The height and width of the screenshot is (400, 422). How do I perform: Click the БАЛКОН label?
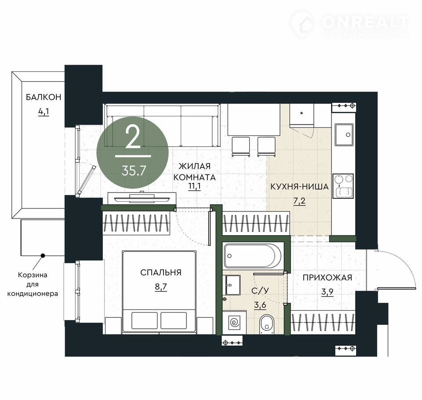click(44, 97)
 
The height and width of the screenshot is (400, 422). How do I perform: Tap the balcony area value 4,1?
click(44, 112)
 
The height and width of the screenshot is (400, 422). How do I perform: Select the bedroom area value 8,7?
click(161, 287)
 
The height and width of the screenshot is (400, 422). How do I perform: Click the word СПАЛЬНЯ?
click(161, 273)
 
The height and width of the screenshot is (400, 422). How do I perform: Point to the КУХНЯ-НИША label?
click(299, 186)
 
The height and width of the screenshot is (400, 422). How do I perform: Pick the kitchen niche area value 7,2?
click(299, 201)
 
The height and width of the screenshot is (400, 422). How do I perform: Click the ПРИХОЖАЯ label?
click(327, 277)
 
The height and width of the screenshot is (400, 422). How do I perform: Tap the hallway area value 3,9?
click(327, 292)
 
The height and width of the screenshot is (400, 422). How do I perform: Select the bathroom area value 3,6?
click(260, 305)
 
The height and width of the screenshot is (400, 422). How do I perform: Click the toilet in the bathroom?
click(267, 324)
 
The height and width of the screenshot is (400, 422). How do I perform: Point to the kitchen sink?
click(344, 135)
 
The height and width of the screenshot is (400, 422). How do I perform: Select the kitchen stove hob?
click(343, 186)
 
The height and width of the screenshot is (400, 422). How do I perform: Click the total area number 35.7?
click(134, 171)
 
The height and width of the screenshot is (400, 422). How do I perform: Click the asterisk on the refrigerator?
click(302, 113)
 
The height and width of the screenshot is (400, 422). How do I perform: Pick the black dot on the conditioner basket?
click(42, 255)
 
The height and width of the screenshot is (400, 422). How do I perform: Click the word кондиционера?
click(33, 293)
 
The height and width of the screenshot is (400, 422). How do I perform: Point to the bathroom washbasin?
click(233, 285)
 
